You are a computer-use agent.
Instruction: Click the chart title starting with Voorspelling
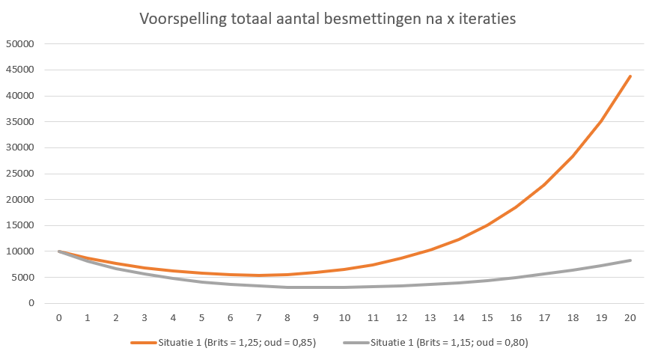[327, 20]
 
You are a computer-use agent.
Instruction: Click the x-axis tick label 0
[58, 317]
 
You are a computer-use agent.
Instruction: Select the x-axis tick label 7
[258, 317]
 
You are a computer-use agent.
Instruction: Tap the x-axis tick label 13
[430, 317]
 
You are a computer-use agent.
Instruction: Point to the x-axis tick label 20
[630, 317]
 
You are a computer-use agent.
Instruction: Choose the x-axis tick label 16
[516, 317]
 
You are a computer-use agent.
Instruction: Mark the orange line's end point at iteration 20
[630, 76]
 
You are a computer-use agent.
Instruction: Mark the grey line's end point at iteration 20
[630, 260]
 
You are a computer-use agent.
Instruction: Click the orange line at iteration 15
[487, 225]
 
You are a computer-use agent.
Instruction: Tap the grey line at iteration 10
[344, 287]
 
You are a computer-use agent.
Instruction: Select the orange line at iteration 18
[573, 156]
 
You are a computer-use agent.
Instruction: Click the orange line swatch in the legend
[143, 343]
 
